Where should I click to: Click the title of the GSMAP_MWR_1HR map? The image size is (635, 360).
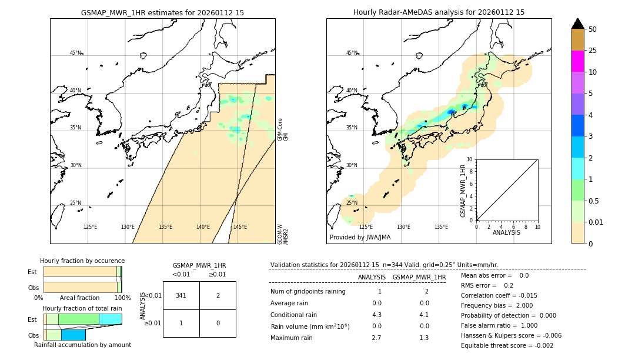[x=162, y=12]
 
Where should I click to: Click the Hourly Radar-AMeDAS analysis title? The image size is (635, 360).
[x=439, y=12]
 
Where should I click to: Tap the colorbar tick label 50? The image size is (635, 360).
[x=593, y=29]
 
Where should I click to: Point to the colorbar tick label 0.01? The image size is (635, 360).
[x=596, y=222]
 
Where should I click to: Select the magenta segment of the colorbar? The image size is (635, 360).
[x=578, y=61]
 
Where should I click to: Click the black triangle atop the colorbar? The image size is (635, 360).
[x=578, y=24]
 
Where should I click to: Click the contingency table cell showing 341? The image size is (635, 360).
[x=181, y=295]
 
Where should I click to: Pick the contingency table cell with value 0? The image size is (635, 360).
[x=218, y=323]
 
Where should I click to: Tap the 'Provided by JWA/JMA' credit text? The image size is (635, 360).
[x=360, y=238]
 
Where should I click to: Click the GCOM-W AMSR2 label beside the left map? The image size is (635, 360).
[x=283, y=234]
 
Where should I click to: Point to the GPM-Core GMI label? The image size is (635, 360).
[x=283, y=129]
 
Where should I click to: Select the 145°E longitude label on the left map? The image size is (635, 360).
[x=240, y=227]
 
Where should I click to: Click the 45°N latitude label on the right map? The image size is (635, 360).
[x=352, y=53]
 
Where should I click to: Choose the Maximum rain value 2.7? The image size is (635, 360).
[x=377, y=338]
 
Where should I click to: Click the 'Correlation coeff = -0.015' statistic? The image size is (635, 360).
[x=499, y=295]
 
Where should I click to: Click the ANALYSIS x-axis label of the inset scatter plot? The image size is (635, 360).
[x=506, y=232]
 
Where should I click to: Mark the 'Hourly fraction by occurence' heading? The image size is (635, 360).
[x=82, y=261]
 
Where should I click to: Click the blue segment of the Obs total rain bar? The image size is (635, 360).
[x=73, y=335]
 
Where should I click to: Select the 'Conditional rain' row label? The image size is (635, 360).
[x=294, y=315]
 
